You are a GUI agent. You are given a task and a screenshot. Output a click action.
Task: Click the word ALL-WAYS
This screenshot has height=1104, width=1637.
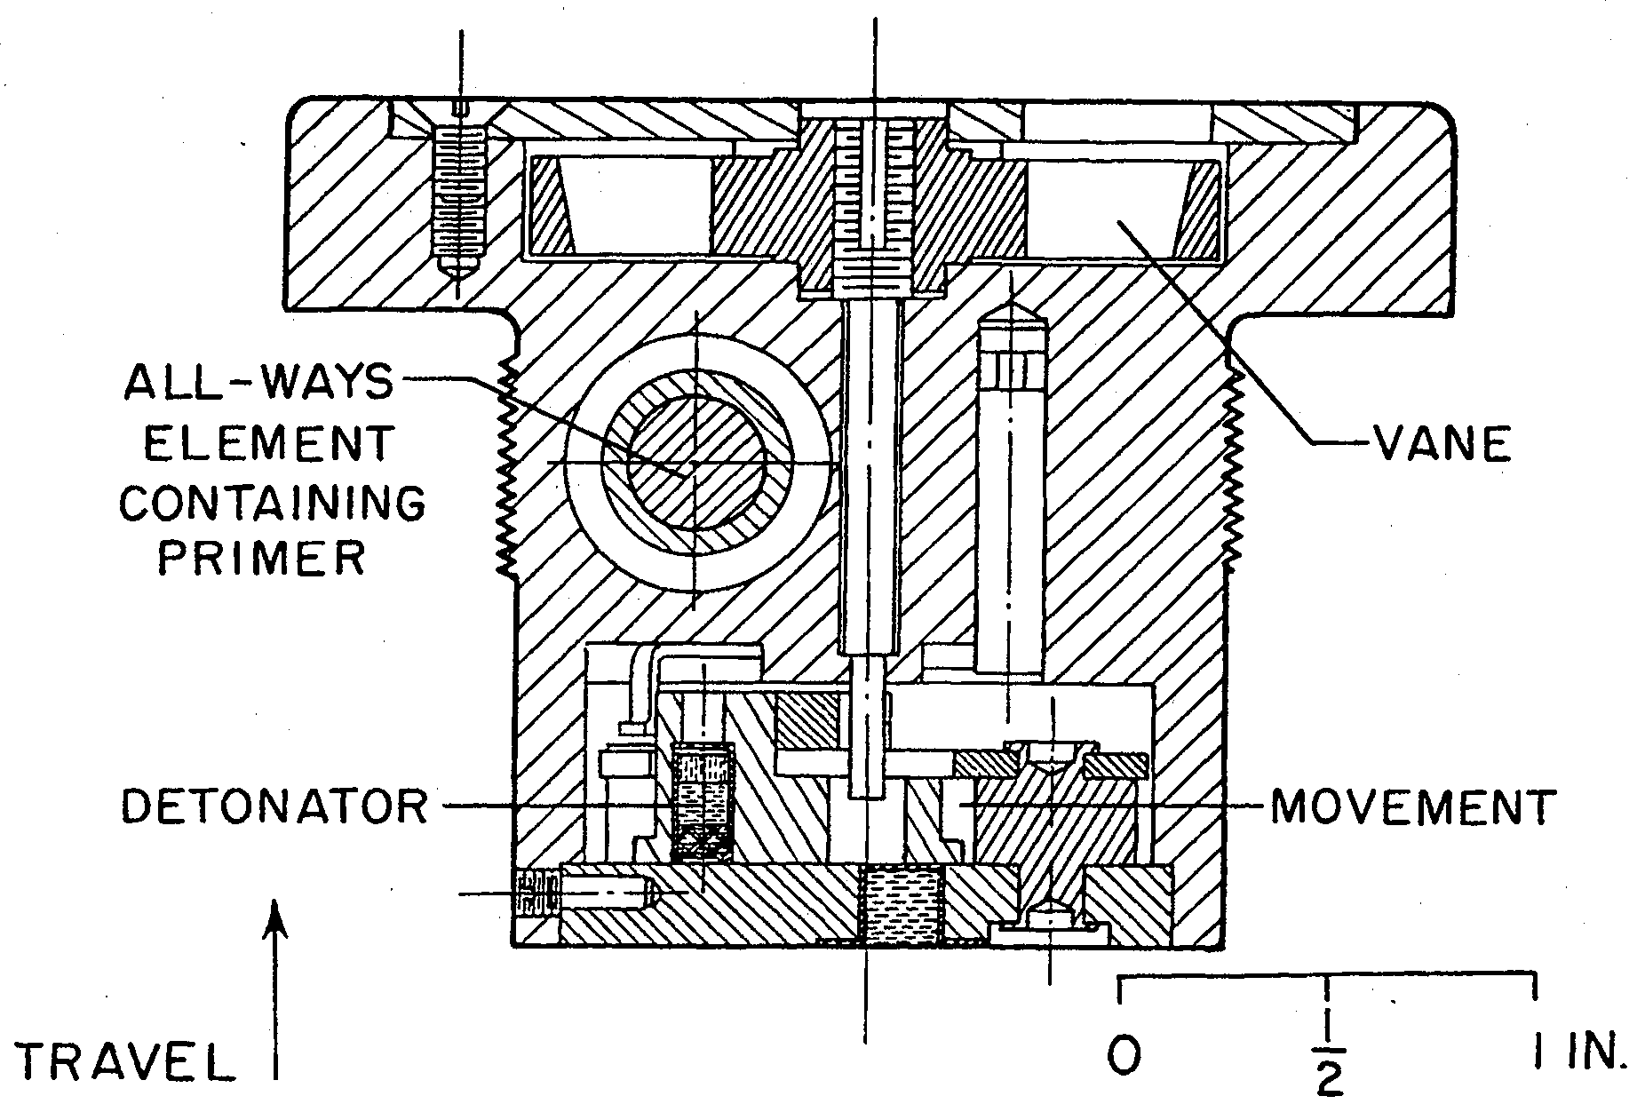pyautogui.click(x=258, y=383)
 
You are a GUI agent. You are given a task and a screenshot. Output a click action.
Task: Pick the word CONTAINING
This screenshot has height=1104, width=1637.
pyautogui.click(x=273, y=503)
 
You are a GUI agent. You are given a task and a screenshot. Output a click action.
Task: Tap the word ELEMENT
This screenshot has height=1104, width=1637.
pyautogui.click(x=268, y=443)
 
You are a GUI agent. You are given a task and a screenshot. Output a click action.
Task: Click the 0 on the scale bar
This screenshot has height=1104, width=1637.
pyautogui.click(x=1124, y=1054)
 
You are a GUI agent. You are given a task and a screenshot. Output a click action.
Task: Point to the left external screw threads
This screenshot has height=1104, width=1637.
pyautogui.click(x=504, y=469)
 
